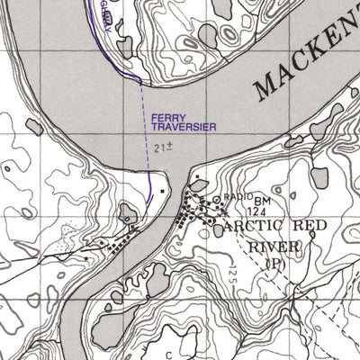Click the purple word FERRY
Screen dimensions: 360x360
[168, 118]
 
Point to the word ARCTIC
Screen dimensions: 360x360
[256, 224]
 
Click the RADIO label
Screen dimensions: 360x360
[238, 197]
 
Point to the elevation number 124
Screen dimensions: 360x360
[260, 211]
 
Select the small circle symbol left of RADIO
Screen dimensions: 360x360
[217, 195]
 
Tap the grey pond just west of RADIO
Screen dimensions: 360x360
[199, 186]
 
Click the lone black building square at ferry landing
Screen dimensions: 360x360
[162, 192]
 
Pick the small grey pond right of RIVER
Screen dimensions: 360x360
[319, 241]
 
